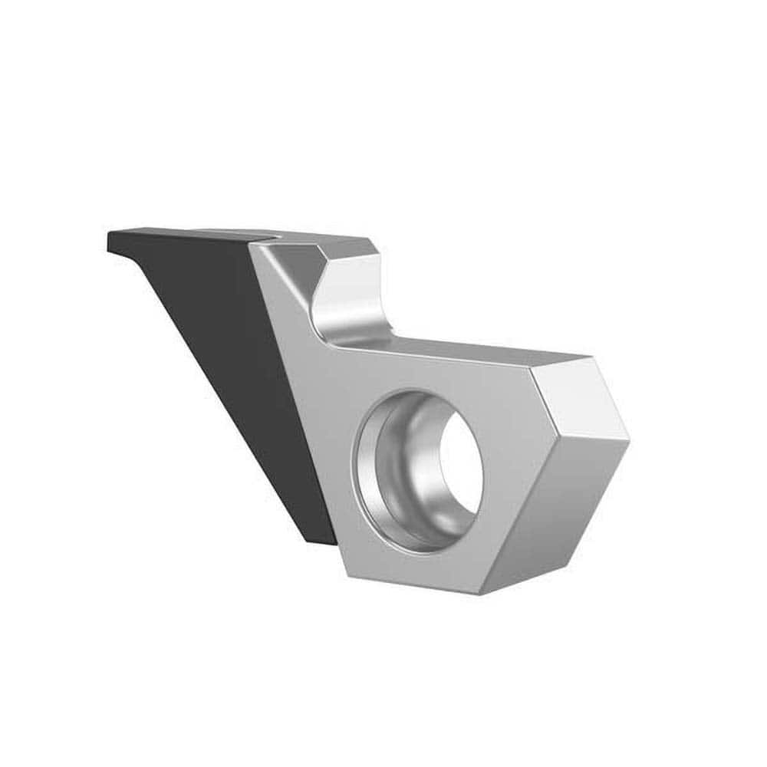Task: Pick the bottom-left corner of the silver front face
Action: click(x=342, y=568)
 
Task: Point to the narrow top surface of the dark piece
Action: click(x=184, y=232)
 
